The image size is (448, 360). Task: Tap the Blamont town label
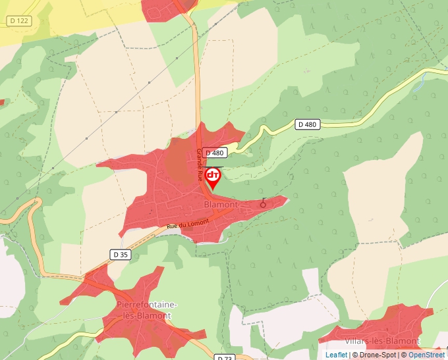pyautogui.click(x=221, y=205)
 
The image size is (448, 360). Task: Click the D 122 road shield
pyautogui.click(x=20, y=21)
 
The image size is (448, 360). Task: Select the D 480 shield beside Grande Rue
pyautogui.click(x=215, y=153)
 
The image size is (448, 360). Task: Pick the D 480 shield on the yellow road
pyautogui.click(x=307, y=124)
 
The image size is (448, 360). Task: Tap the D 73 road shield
pyautogui.click(x=225, y=357)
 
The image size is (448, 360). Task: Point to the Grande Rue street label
pyautogui.click(x=199, y=165)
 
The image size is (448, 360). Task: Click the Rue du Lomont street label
pyautogui.click(x=188, y=224)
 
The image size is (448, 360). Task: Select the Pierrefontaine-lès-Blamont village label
pyautogui.click(x=146, y=310)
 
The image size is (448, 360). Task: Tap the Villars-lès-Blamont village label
pyautogui.click(x=381, y=341)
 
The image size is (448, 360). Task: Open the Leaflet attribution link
pyautogui.click(x=336, y=355)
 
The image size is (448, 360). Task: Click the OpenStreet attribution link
pyautogui.click(x=426, y=355)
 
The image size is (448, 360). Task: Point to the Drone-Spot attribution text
pyautogui.click(x=378, y=355)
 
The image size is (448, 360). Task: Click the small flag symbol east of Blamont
pyautogui.click(x=264, y=202)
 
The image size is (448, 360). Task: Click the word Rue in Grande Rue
pyautogui.click(x=200, y=175)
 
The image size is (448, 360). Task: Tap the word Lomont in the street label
pyautogui.click(x=198, y=222)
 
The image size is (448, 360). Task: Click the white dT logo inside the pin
pyautogui.click(x=213, y=175)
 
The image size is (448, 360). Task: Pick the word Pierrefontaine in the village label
pyautogui.click(x=146, y=305)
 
